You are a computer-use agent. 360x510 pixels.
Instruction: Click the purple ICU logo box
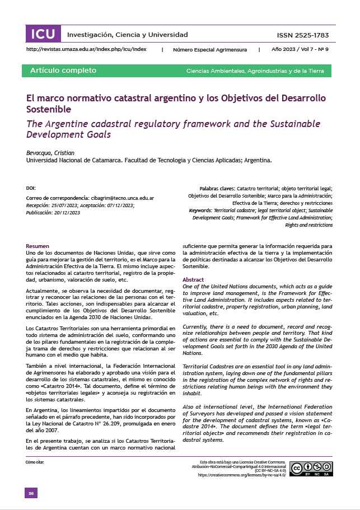[x=43, y=34]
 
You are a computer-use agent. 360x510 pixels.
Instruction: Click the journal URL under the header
[x=87, y=49]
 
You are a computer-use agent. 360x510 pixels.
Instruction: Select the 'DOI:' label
[x=31, y=188]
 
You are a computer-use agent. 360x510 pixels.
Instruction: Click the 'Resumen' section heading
[x=38, y=246]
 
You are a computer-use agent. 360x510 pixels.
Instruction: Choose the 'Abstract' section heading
[x=193, y=279]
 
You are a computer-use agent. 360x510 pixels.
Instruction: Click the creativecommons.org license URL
[x=239, y=475]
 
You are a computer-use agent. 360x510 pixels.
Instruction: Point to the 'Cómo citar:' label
[x=35, y=462]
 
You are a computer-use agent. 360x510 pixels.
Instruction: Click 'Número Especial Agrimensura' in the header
[x=210, y=49]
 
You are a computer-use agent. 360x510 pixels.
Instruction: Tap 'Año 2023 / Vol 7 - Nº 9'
[x=300, y=49]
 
